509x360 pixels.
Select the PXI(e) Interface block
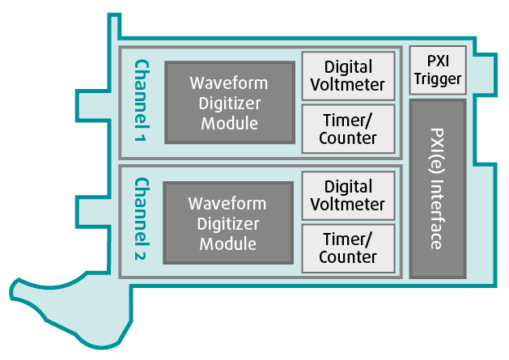tap(437, 188)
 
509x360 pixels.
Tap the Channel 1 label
tap(142, 102)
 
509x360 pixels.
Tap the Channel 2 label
tap(142, 220)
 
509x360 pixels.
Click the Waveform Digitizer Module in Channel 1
tap(228, 103)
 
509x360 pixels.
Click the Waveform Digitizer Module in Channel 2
tap(228, 222)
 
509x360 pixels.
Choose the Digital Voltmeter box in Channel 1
tap(348, 75)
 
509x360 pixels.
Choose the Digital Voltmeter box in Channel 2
tap(348, 196)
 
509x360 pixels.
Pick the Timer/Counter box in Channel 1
tap(348, 129)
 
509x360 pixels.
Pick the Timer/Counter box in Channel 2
tap(348, 248)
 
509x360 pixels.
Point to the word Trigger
tap(437, 79)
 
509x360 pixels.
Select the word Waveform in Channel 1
tap(228, 83)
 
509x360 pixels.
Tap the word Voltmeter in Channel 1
tap(348, 85)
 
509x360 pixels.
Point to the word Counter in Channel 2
tap(348, 257)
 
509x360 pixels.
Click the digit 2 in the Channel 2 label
tap(141, 257)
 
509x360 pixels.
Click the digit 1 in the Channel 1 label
tap(141, 138)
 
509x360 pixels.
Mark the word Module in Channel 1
tap(228, 123)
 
